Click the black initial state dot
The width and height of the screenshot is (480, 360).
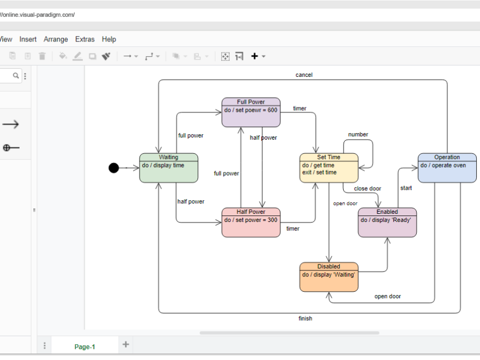[113, 168]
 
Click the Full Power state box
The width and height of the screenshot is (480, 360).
[251, 112]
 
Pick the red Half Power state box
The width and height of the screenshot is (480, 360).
[251, 223]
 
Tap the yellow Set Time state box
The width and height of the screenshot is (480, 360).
[329, 168]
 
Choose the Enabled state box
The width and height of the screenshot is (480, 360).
[387, 223]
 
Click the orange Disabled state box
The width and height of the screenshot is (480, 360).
[329, 277]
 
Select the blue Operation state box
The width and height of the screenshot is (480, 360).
[447, 168]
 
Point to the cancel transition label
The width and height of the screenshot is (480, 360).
[304, 75]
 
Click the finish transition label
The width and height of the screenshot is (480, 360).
[305, 319]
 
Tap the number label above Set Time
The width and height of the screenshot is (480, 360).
[358, 134]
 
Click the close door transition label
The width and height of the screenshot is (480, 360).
[368, 189]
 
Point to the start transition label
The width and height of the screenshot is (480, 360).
[406, 188]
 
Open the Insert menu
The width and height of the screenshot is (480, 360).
[28, 39]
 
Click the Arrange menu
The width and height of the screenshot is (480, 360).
[56, 39]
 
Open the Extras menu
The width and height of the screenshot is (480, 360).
[85, 39]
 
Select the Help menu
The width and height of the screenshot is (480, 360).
[109, 39]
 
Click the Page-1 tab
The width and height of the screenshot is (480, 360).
[85, 346]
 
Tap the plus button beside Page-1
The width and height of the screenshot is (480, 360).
[125, 344]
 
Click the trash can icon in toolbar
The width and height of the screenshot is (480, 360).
[42, 56]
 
